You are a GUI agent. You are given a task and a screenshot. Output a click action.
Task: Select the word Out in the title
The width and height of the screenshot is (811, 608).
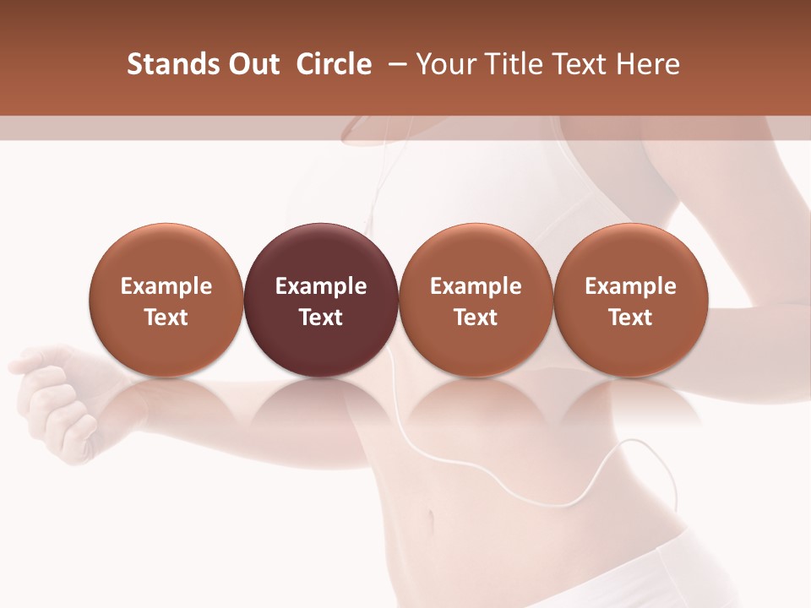point(252,64)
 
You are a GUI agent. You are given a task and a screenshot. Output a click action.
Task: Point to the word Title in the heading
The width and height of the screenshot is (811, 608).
point(509,64)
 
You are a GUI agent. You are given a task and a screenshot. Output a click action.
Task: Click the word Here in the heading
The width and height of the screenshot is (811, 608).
point(646,64)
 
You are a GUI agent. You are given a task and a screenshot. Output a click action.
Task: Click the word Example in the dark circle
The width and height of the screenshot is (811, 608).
point(321,286)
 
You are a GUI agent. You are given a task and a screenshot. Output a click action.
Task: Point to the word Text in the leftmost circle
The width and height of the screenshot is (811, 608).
point(166,318)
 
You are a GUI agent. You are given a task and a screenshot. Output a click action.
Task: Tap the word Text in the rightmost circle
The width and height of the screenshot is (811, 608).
point(630,318)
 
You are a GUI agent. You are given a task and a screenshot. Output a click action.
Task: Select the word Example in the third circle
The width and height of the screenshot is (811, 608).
point(476,286)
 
